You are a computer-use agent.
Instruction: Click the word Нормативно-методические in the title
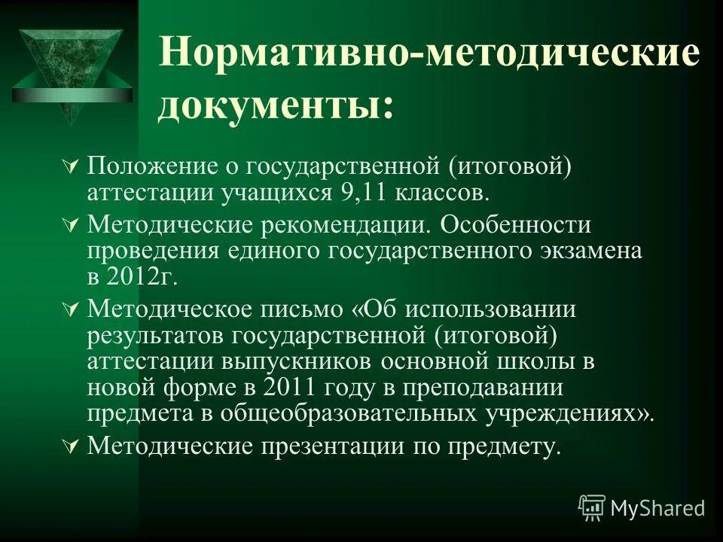point(429,56)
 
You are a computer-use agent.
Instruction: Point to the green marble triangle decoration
point(72,68)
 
